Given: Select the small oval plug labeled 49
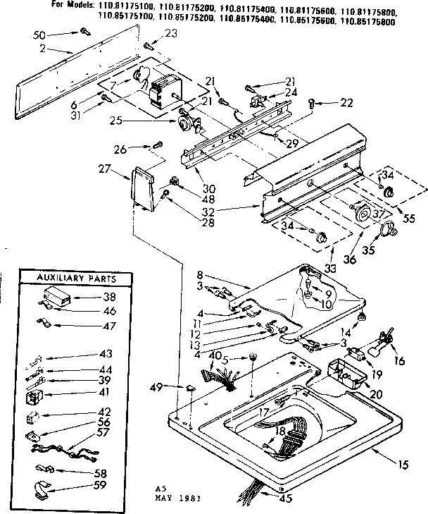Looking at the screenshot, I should (191, 388).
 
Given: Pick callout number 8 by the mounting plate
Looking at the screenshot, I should (199, 275).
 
